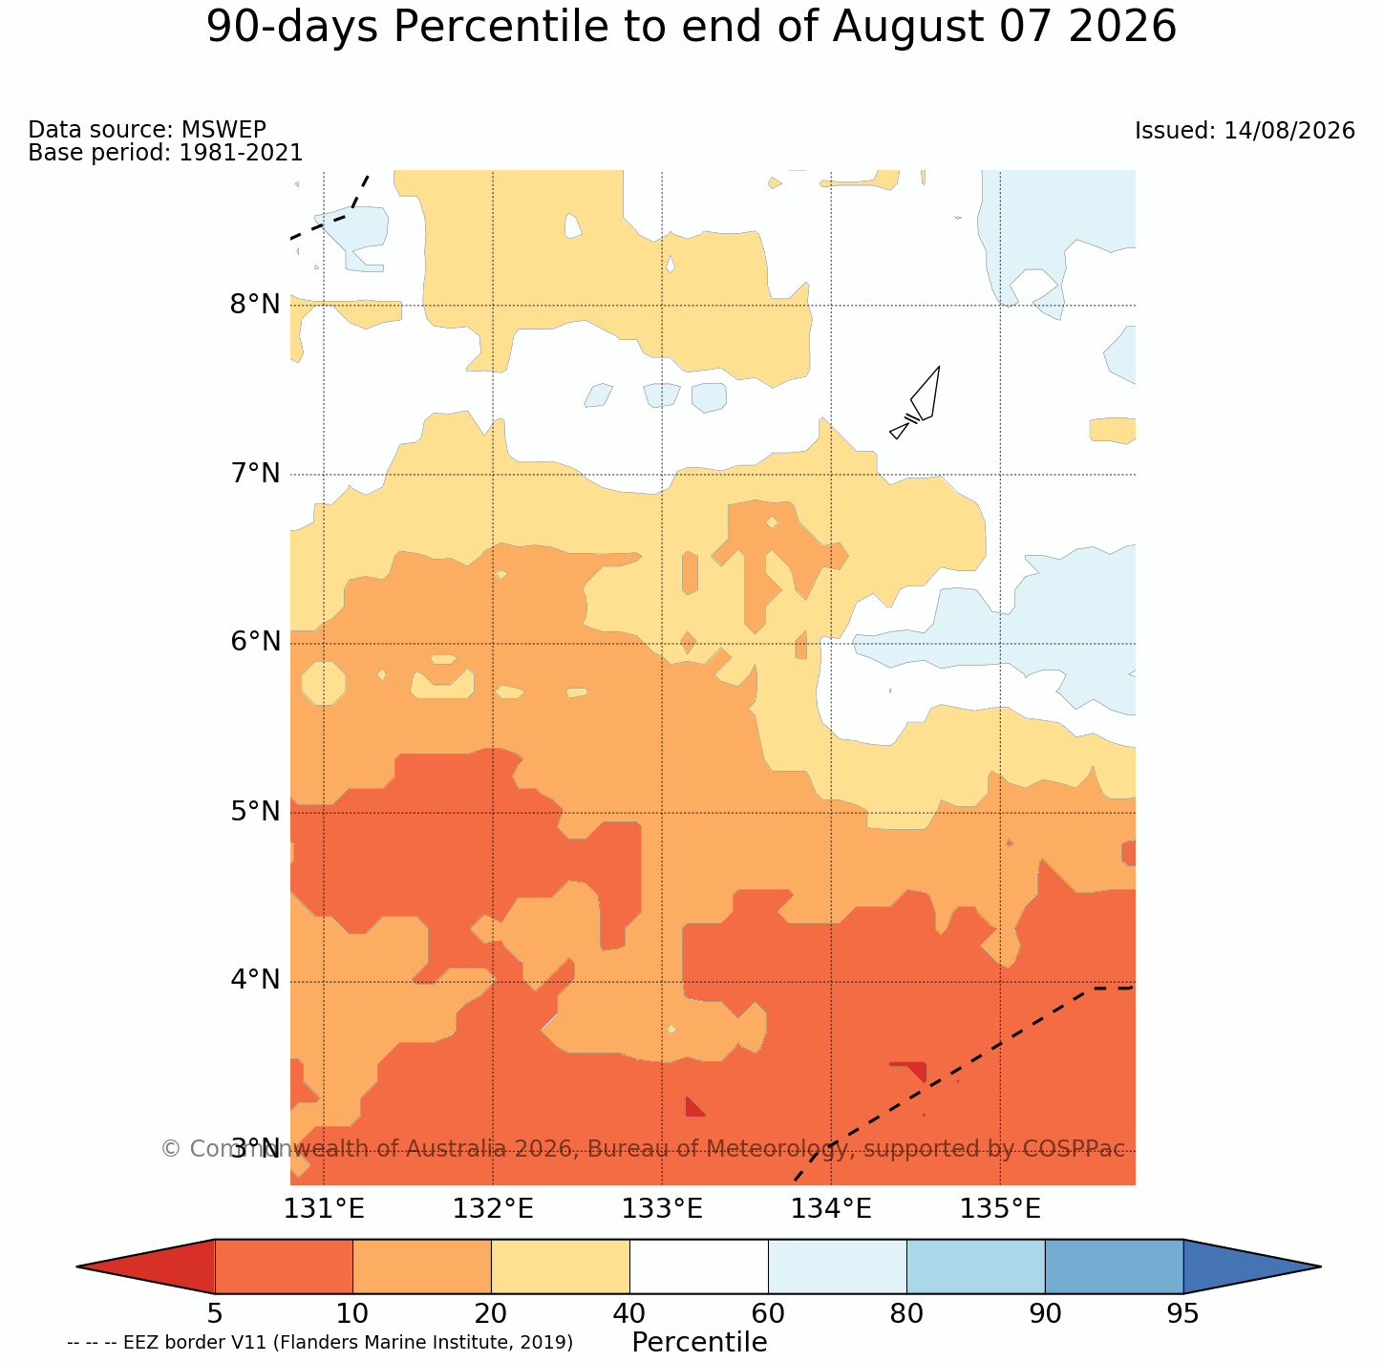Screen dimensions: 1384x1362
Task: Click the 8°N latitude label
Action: point(255,305)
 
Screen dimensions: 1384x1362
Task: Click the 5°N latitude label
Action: point(255,812)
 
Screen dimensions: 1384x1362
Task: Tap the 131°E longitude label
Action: point(324,1209)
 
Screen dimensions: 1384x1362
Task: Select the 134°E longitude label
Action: point(831,1209)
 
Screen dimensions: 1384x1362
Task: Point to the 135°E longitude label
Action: point(1000,1209)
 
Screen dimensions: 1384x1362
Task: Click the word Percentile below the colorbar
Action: point(699,1342)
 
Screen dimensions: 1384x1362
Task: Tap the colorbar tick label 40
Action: point(629,1313)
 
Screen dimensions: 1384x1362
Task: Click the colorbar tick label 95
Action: point(1182,1313)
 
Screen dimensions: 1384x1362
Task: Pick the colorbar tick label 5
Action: point(215,1313)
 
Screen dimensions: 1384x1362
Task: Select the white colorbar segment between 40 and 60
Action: point(699,1266)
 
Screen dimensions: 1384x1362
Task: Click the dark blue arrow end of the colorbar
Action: point(1252,1266)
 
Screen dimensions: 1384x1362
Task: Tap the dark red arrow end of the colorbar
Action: point(146,1266)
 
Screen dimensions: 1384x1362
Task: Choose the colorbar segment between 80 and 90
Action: point(975,1266)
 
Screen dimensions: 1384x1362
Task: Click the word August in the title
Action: point(907,27)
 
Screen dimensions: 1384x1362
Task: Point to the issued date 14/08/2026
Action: point(1289,131)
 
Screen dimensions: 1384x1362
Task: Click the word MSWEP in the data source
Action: point(224,129)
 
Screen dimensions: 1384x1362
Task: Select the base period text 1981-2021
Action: point(241,152)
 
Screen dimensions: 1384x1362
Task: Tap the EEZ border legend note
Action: point(320,1342)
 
